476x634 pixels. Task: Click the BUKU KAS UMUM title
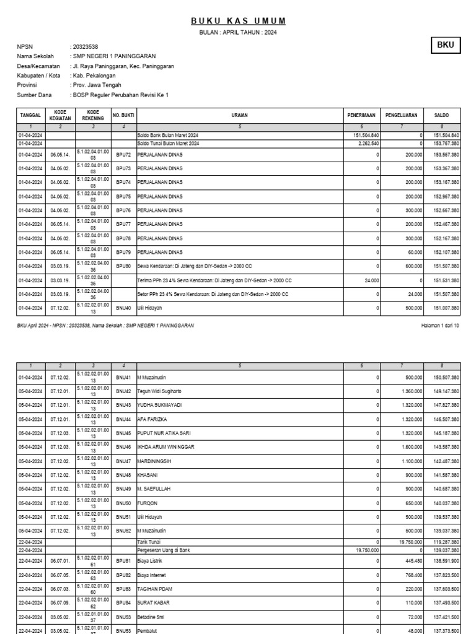[238, 21]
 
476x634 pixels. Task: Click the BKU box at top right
[445, 45]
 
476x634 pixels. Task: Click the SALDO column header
[442, 115]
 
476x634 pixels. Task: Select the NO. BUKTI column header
[123, 115]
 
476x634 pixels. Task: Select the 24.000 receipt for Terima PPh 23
[371, 280]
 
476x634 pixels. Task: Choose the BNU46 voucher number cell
[123, 446]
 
